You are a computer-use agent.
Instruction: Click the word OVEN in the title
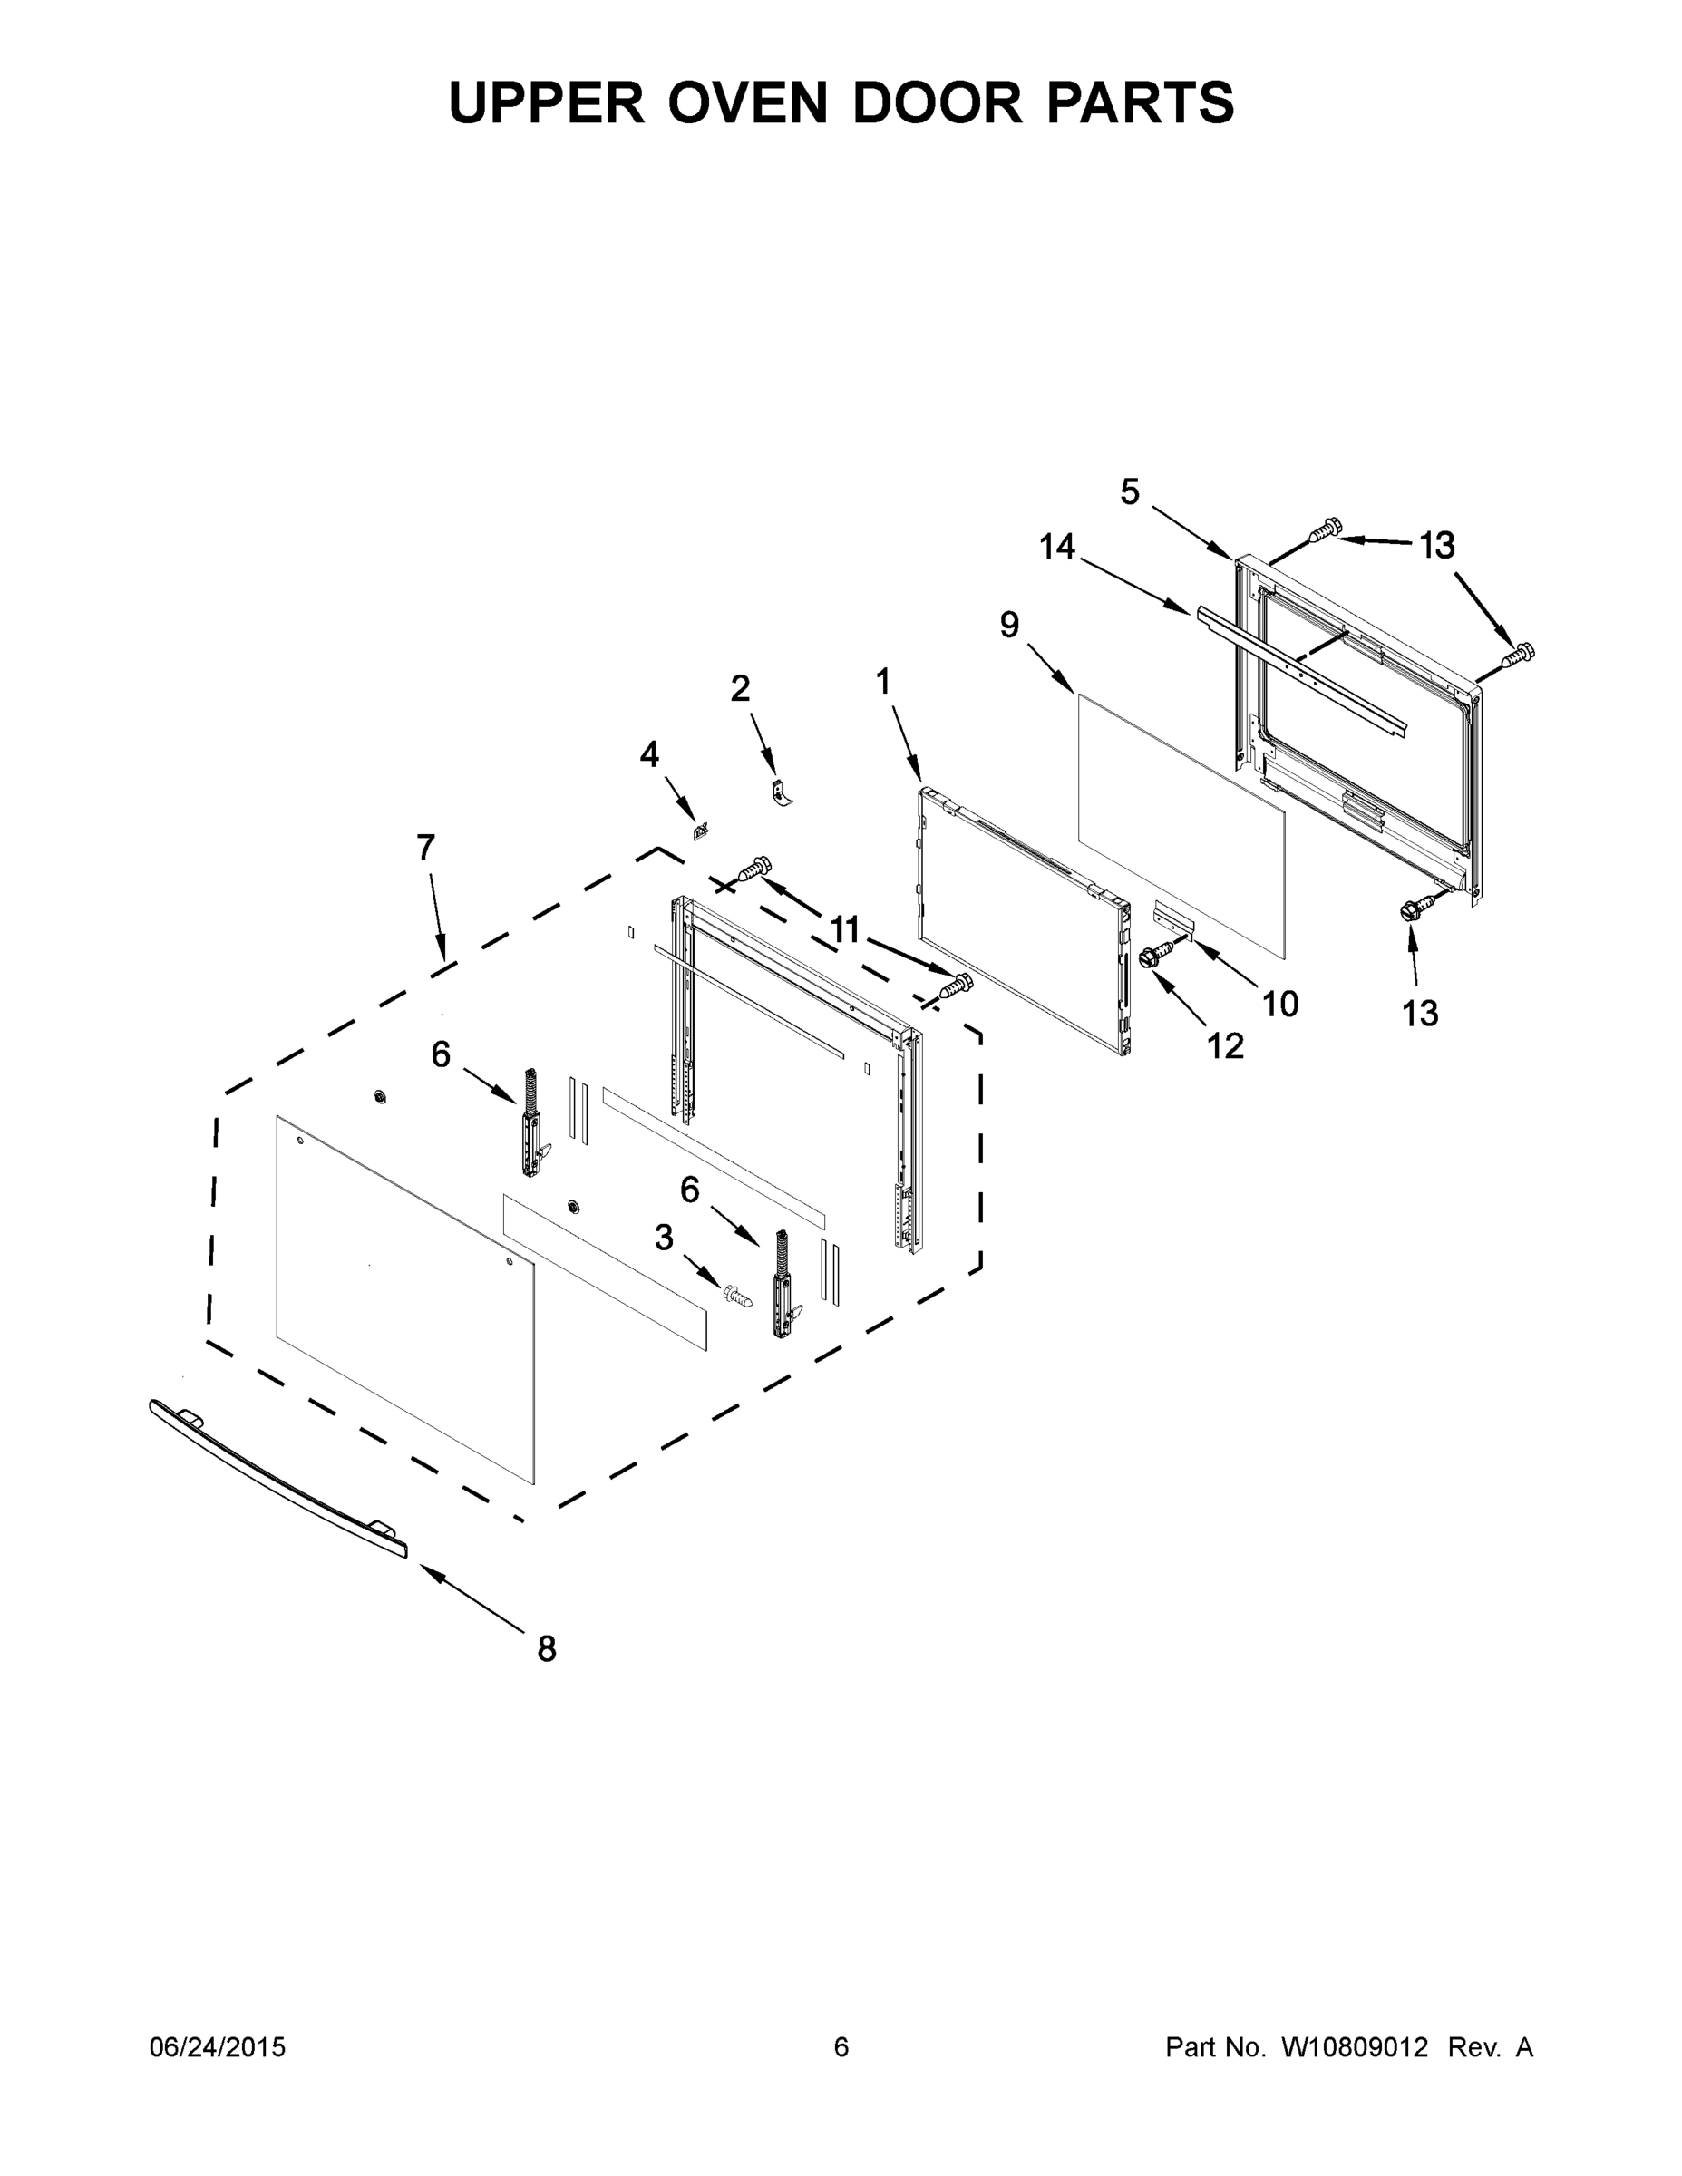(748, 102)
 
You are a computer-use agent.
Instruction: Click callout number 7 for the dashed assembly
(425, 848)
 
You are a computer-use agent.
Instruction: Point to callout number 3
(664, 1238)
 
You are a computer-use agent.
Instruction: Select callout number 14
(1057, 547)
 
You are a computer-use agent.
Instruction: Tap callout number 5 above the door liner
(1129, 491)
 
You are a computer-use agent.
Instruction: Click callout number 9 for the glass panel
(1009, 625)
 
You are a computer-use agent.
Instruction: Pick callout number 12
(1226, 1045)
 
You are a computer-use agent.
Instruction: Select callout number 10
(1280, 1004)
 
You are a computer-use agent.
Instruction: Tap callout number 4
(648, 754)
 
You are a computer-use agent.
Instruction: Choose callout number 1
(883, 682)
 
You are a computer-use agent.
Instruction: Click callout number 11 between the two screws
(844, 929)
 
